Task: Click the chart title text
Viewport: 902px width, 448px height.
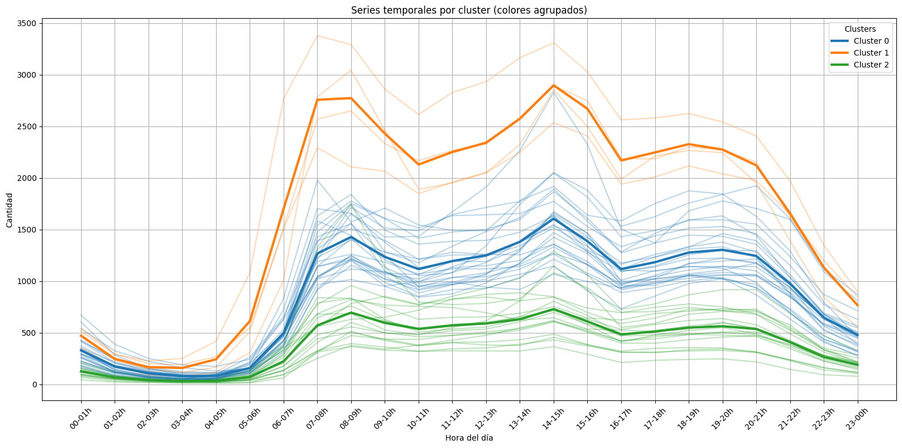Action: click(x=469, y=10)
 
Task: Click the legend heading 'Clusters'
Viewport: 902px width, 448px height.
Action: click(x=859, y=29)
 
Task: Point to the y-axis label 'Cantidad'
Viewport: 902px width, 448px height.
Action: click(x=9, y=210)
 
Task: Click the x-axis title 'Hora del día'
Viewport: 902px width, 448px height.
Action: click(x=469, y=438)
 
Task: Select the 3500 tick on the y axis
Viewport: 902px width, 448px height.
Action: click(x=27, y=23)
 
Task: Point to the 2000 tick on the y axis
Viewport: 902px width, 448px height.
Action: click(x=27, y=178)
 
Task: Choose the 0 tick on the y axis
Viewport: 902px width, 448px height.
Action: click(x=34, y=384)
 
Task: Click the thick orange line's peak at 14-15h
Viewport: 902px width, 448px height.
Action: click(x=554, y=86)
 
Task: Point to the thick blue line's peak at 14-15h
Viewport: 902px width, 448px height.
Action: click(x=554, y=219)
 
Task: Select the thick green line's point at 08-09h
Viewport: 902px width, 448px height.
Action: click(x=351, y=312)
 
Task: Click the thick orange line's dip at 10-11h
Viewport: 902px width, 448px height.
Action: click(x=419, y=164)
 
